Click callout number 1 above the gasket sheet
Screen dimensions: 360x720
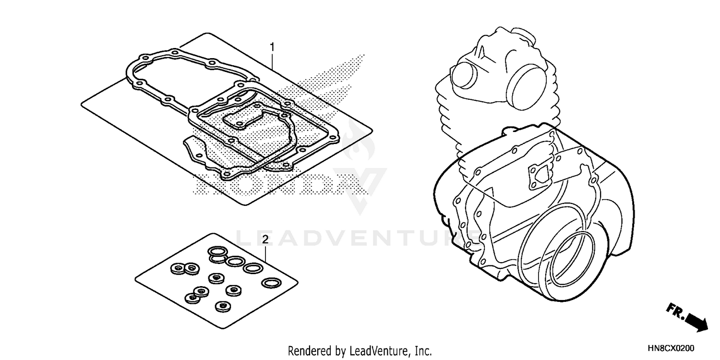[272, 47]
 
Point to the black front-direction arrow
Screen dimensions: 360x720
[697, 322]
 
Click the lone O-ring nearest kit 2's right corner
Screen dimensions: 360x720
[272, 282]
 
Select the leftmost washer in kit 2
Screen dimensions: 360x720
[177, 267]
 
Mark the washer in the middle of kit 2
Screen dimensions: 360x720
[215, 278]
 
